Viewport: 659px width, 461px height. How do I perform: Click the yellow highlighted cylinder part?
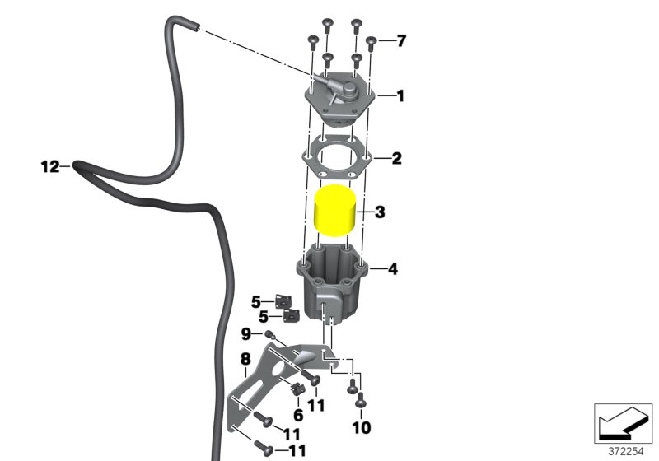point(335,211)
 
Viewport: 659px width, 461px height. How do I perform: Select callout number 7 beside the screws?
point(401,41)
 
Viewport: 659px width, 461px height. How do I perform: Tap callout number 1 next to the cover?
point(400,95)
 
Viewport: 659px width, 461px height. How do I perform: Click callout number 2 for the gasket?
point(396,158)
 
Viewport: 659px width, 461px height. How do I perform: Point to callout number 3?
point(380,212)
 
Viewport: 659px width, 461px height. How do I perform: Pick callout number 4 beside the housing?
point(393,268)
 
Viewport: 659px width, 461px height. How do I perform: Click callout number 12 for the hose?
point(50,166)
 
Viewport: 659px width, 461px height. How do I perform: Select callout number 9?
point(245,334)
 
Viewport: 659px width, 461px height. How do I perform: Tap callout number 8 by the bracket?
point(245,360)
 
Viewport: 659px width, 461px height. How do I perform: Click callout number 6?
point(298,415)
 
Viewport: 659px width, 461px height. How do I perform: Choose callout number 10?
point(362,428)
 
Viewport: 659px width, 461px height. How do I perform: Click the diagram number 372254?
point(626,452)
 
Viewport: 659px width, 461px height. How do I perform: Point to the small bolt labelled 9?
point(269,335)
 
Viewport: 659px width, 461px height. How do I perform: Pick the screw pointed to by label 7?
point(370,44)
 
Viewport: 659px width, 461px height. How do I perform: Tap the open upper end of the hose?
point(196,27)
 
